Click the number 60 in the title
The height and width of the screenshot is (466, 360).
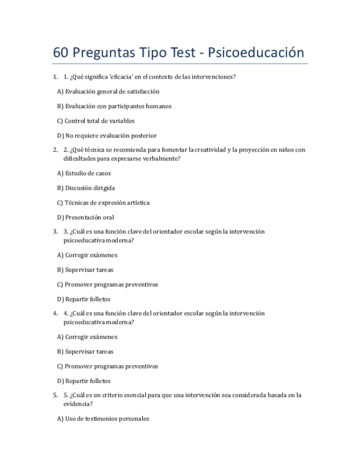(x=61, y=53)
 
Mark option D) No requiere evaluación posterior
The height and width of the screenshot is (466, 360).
(x=107, y=136)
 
